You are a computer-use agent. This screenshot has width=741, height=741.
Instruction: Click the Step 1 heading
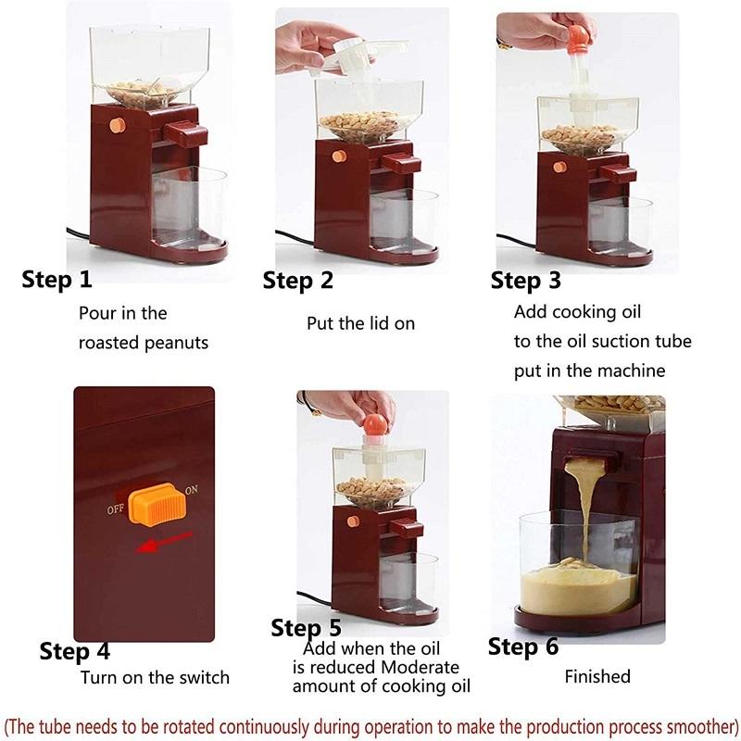coord(57,280)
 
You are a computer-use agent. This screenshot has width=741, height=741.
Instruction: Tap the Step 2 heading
coord(297,280)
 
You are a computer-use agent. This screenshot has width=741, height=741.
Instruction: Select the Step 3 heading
coord(525,280)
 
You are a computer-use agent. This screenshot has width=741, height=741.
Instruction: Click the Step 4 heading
coord(75,651)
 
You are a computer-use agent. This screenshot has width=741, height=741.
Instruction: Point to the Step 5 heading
coord(306,628)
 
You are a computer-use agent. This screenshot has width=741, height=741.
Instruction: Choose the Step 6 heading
coord(523,646)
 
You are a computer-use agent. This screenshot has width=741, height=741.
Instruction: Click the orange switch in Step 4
coord(153,501)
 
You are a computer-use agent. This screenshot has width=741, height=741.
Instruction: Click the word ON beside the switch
coord(192,489)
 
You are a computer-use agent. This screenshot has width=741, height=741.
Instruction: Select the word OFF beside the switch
coord(116,509)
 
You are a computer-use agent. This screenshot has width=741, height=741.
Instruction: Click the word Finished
coord(597,677)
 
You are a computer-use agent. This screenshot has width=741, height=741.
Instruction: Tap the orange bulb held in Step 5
coord(374,423)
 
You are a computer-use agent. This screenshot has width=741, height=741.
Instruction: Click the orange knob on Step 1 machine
coord(117,124)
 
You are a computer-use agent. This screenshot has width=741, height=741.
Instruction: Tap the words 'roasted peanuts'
coord(143,343)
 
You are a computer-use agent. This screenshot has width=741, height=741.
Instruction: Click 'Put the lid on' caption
coord(360,323)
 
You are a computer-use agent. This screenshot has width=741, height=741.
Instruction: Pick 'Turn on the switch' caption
coord(155,677)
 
